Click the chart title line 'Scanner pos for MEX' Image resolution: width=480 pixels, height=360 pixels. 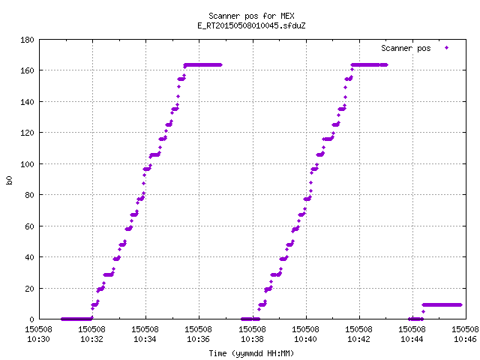coord(251,16)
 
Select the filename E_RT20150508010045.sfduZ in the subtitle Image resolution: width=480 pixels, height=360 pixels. coord(251,25)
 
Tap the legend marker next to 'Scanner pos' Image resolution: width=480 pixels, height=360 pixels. coord(447,48)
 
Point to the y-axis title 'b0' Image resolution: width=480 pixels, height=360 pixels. coord(9,180)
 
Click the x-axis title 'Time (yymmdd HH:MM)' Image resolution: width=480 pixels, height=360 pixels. coord(251,353)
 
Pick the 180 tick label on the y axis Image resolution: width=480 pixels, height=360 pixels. coord(27,40)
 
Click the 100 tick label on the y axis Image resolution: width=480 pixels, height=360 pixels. coord(27,164)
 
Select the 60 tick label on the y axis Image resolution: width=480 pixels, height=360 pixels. coord(29,226)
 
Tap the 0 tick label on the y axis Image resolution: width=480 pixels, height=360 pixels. coord(31,319)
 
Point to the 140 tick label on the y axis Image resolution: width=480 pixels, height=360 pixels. coord(27,102)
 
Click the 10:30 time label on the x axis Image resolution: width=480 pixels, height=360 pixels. coord(38,339)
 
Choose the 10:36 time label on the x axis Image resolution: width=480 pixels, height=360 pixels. coord(198,339)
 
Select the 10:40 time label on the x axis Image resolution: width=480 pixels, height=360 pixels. coord(305,339)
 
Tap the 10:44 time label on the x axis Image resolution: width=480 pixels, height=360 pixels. coord(412,339)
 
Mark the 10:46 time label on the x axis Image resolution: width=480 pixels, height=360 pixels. coord(465,339)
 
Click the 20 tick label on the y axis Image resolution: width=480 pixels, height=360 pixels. coord(29,288)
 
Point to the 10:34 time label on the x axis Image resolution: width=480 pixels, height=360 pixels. coord(145,339)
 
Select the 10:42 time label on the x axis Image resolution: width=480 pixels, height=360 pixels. coord(358,339)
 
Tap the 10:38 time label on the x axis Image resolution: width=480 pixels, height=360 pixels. coord(252,339)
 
